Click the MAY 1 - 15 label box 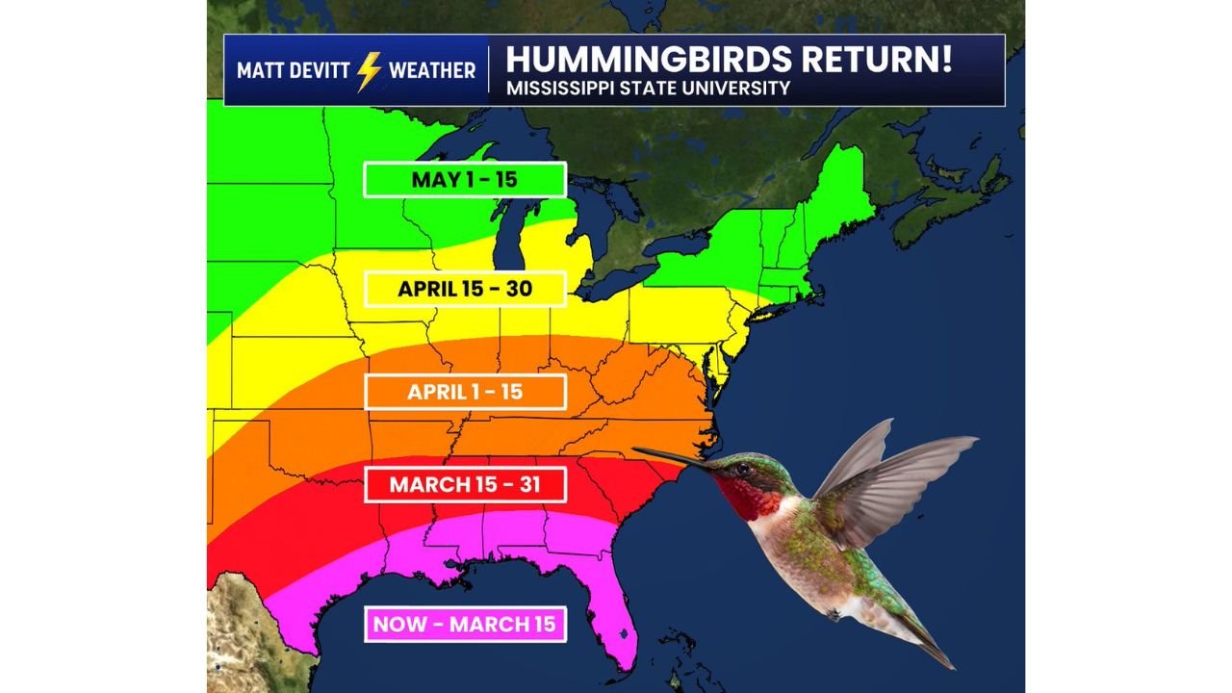[x=464, y=180]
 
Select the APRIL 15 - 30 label [x=464, y=288]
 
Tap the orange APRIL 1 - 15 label [x=464, y=392]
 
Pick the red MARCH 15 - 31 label [x=464, y=484]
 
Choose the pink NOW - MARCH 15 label [x=464, y=624]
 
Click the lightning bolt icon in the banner [x=369, y=70]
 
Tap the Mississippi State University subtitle [x=648, y=89]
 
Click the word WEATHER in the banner [x=432, y=70]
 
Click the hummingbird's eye [x=742, y=470]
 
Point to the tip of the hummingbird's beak [x=635, y=449]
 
